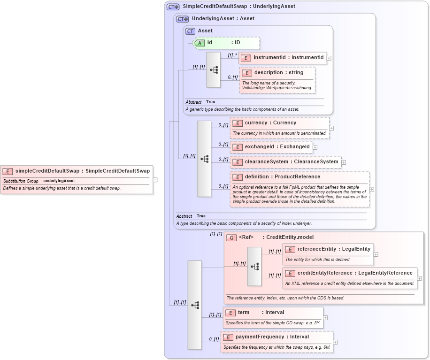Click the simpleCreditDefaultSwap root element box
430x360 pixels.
point(76,171)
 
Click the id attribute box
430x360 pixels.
point(226,43)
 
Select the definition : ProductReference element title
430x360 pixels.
point(282,177)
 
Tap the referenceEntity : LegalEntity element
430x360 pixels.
point(328,249)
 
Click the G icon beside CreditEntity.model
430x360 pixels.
point(231,237)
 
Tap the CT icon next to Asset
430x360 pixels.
point(190,31)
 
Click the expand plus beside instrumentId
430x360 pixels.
point(329,58)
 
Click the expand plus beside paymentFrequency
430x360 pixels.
point(336,342)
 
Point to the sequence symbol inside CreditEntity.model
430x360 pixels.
point(254,266)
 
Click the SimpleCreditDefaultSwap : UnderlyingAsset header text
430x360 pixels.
point(238,7)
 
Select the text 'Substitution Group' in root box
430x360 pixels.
point(21,181)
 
